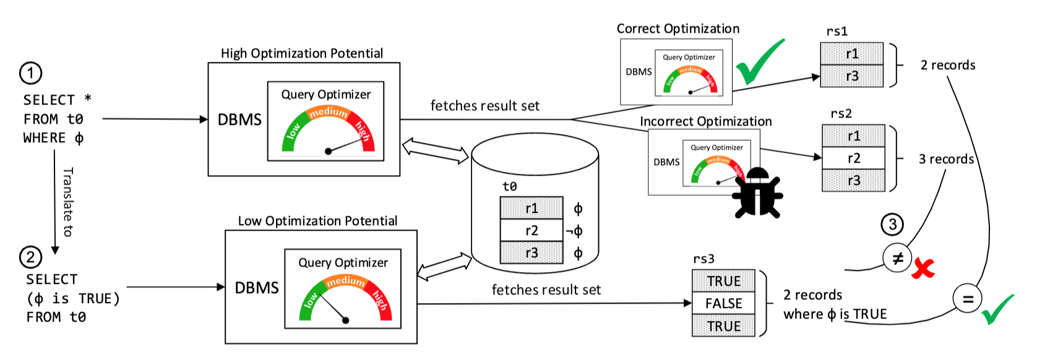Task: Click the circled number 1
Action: (31, 73)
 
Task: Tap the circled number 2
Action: (31, 257)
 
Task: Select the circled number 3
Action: (892, 225)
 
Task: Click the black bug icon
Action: (757, 193)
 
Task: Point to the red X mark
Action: (923, 268)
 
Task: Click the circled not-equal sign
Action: (898, 258)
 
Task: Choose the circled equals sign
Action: (968, 299)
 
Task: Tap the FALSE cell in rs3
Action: (723, 303)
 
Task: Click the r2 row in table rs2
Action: (853, 158)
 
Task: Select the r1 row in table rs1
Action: (851, 54)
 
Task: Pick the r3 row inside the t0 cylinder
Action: (531, 253)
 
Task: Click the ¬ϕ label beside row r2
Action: (574, 231)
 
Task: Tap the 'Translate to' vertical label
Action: (68, 202)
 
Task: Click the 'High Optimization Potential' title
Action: (302, 53)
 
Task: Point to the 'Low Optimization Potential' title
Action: (317, 221)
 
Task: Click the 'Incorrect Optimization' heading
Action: (705, 121)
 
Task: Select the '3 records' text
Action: (946, 159)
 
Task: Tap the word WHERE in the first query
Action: (44, 138)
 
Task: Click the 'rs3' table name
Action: (704, 259)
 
